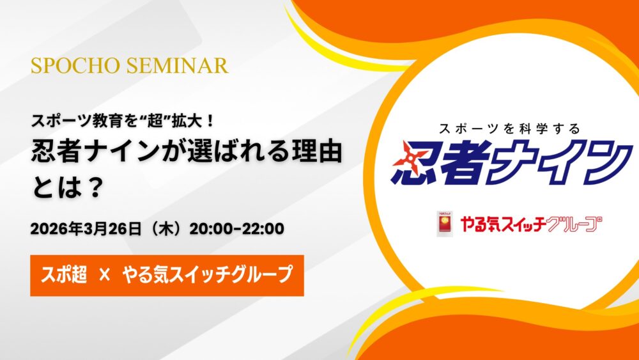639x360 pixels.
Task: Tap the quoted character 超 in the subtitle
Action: click(x=155, y=121)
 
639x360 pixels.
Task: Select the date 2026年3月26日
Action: click(x=86, y=229)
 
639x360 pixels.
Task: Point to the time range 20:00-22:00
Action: click(x=237, y=229)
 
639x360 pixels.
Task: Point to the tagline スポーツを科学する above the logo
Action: click(x=509, y=129)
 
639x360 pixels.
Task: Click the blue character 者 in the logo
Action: click(x=459, y=161)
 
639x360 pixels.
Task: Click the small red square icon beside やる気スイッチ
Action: click(x=445, y=224)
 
